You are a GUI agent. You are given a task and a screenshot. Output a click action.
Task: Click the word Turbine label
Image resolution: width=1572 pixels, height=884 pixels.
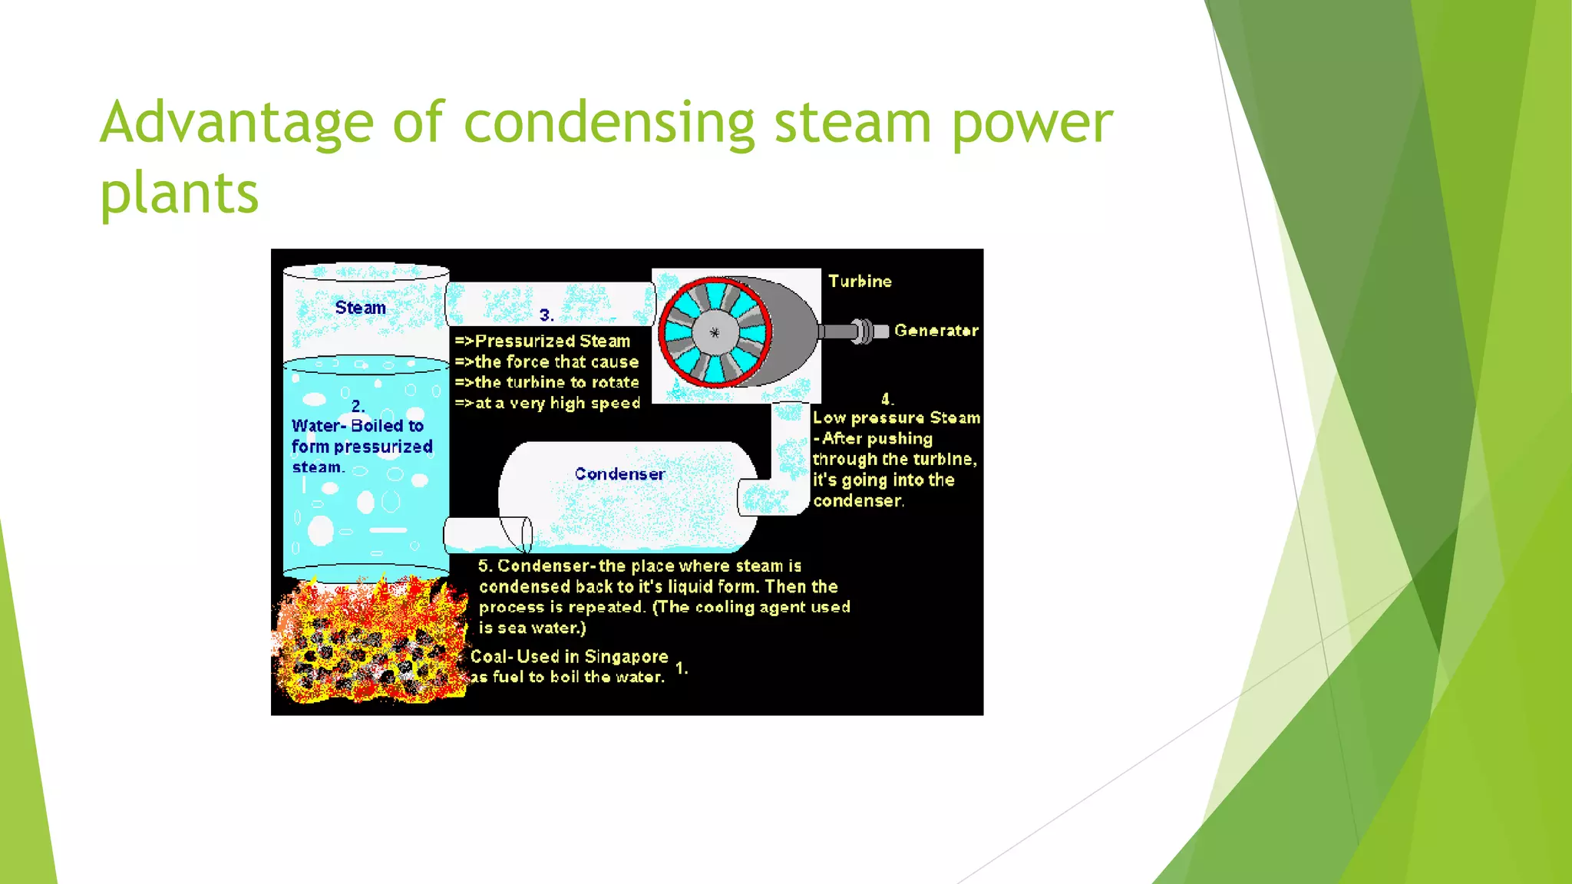point(860,282)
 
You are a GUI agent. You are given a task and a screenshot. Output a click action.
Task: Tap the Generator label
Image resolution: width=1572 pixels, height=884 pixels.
point(936,331)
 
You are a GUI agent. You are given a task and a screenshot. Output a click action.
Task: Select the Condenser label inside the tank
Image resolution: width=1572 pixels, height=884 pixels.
point(619,474)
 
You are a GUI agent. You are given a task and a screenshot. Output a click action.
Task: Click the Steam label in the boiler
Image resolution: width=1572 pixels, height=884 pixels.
point(360,308)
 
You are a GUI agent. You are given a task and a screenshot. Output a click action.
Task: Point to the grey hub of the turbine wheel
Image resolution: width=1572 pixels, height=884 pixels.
point(715,332)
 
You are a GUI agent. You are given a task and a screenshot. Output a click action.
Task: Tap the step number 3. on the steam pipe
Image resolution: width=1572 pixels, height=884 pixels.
point(547,315)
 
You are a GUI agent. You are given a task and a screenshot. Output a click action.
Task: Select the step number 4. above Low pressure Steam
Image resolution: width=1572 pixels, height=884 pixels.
point(887,399)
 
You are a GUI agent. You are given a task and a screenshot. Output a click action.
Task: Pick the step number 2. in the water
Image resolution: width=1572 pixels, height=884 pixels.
point(358,406)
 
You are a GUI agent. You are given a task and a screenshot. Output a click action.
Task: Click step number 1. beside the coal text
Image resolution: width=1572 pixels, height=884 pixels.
point(682,668)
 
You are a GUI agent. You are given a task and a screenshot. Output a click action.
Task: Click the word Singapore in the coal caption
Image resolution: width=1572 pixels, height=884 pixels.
point(626,657)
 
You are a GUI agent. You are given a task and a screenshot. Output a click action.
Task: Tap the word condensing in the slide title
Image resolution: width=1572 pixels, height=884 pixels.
point(609,123)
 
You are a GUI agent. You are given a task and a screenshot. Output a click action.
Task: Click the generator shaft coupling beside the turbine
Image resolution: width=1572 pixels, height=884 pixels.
point(864,331)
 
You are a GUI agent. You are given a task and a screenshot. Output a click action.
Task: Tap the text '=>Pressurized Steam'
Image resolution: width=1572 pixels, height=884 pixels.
point(543,341)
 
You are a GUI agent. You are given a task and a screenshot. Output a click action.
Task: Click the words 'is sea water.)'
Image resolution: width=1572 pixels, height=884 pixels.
point(532,628)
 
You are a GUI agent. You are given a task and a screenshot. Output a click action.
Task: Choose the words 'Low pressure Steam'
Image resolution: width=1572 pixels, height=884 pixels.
point(896,418)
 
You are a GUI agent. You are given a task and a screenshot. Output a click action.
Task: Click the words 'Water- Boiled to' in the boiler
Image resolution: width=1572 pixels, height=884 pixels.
point(357,426)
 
